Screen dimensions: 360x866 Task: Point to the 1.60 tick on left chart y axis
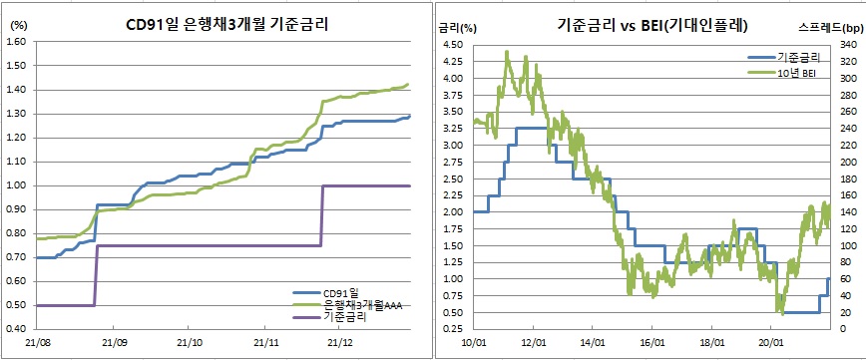tap(15, 42)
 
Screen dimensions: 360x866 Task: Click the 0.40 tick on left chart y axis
tap(15, 329)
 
